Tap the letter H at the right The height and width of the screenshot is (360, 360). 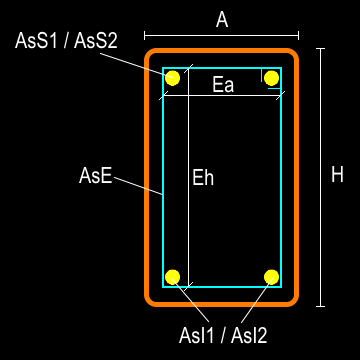(337, 175)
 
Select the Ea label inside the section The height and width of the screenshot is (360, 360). (223, 85)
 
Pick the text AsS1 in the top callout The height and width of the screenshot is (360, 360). (39, 41)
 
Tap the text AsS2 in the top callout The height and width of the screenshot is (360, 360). (96, 41)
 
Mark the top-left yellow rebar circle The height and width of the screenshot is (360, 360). (173, 78)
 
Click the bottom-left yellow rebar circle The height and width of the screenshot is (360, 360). (173, 276)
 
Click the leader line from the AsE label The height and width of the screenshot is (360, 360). (139, 185)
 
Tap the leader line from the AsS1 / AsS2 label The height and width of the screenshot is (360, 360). (140, 62)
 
